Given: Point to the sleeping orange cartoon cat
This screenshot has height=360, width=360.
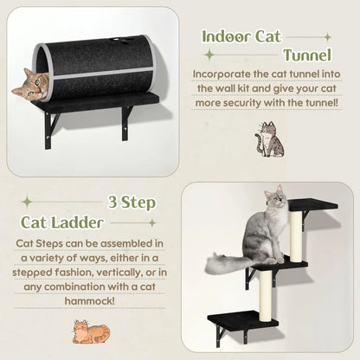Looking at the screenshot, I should (x=92, y=331).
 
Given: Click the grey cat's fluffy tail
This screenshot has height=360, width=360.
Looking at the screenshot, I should (x=227, y=265).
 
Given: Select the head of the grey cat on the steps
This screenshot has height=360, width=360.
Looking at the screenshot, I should (x=275, y=199).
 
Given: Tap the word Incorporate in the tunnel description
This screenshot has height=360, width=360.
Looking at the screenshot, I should (x=226, y=75).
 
